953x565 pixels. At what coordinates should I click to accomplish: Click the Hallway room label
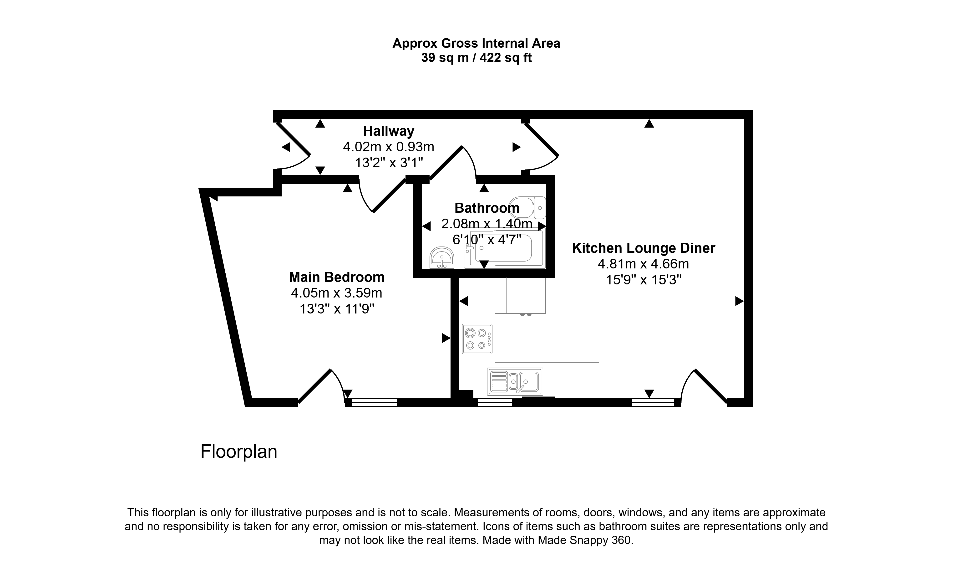[388, 131]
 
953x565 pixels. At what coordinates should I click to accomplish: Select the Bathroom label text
[487, 208]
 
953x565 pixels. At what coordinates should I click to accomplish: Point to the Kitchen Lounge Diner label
[643, 248]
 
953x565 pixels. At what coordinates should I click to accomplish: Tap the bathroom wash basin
[442, 258]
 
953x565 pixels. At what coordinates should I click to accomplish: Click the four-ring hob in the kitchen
[477, 339]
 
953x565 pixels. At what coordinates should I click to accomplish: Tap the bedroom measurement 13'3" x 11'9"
[337, 309]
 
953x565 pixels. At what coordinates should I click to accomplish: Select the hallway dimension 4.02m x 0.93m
[388, 147]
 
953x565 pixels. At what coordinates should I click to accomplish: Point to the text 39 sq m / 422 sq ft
[476, 58]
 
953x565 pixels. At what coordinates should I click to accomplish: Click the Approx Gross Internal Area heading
[476, 43]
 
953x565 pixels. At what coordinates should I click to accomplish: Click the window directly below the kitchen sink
[495, 402]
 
